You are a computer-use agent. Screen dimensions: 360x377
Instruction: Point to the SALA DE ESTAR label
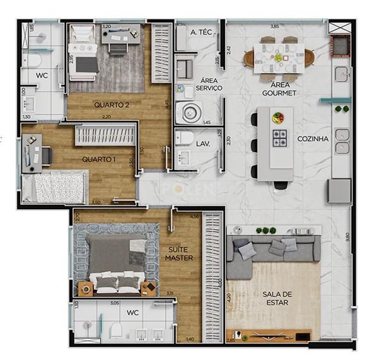coord(275,298)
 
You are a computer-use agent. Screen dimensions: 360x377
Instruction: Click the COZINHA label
coord(313,138)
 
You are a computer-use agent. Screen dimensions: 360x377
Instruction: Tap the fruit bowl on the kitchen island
coord(278,117)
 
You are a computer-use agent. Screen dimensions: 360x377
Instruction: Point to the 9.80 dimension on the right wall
coord(348,236)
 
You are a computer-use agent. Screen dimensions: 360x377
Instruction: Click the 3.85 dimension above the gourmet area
coord(274,26)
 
